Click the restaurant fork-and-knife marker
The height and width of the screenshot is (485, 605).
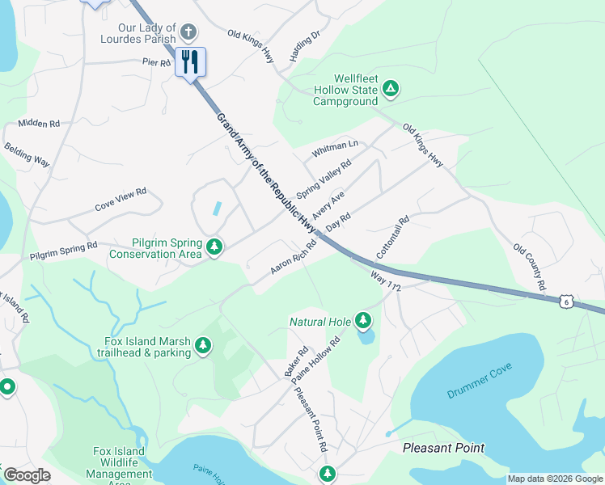pyautogui.click(x=190, y=61)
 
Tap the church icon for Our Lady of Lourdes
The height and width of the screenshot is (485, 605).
pyautogui.click(x=188, y=33)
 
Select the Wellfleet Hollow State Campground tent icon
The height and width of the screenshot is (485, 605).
pyautogui.click(x=391, y=88)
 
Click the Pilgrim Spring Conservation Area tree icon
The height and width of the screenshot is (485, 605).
pyautogui.click(x=214, y=247)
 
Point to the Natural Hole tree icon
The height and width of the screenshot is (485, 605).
pyautogui.click(x=363, y=321)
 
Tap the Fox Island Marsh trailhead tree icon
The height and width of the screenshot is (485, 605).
pyautogui.click(x=204, y=347)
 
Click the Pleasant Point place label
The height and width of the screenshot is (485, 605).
pyautogui.click(x=444, y=448)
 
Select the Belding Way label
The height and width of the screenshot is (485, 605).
pyautogui.click(x=27, y=155)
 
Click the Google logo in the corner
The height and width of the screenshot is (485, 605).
pyautogui.click(x=27, y=475)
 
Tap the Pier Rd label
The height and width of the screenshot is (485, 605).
pyautogui.click(x=156, y=61)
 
